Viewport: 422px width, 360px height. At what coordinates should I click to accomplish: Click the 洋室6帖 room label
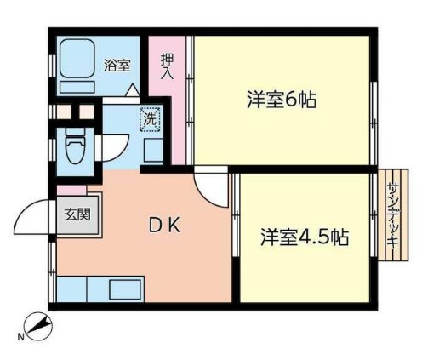[282, 100]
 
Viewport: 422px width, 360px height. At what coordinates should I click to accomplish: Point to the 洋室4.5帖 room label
[304, 236]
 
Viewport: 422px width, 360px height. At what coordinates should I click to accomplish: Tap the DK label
[163, 226]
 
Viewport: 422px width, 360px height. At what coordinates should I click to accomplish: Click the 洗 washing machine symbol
[150, 119]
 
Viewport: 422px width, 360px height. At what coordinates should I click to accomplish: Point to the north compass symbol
[38, 326]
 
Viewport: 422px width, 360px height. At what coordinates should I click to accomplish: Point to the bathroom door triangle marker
[132, 89]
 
